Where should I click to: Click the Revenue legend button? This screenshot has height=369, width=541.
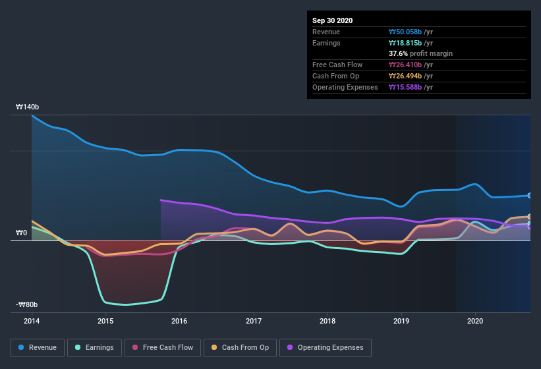pyautogui.click(x=38, y=347)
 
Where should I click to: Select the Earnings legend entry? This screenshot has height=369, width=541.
pyautogui.click(x=94, y=347)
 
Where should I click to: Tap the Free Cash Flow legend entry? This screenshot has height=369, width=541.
pyautogui.click(x=162, y=347)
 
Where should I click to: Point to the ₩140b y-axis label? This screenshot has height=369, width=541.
pyautogui.click(x=28, y=107)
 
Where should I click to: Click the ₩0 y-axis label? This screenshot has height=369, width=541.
pyautogui.click(x=22, y=233)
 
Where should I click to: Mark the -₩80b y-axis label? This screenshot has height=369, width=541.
pyautogui.click(x=27, y=304)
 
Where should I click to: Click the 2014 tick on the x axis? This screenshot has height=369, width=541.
pyautogui.click(x=32, y=321)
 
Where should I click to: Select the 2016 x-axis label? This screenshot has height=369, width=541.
pyautogui.click(x=179, y=321)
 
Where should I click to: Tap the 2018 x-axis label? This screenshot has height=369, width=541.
pyautogui.click(x=327, y=321)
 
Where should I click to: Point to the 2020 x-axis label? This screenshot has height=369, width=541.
pyautogui.click(x=475, y=321)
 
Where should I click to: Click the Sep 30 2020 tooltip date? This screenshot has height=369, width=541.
pyautogui.click(x=332, y=20)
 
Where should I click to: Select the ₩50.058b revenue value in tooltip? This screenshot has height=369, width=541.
pyautogui.click(x=411, y=32)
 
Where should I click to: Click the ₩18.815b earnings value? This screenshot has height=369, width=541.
pyautogui.click(x=411, y=43)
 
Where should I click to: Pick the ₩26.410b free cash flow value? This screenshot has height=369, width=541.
pyautogui.click(x=411, y=65)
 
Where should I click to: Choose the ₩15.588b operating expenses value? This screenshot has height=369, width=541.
pyautogui.click(x=411, y=87)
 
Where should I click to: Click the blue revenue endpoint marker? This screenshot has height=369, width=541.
pyautogui.click(x=529, y=196)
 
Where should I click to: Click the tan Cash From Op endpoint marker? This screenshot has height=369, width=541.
pyautogui.click(x=529, y=217)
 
